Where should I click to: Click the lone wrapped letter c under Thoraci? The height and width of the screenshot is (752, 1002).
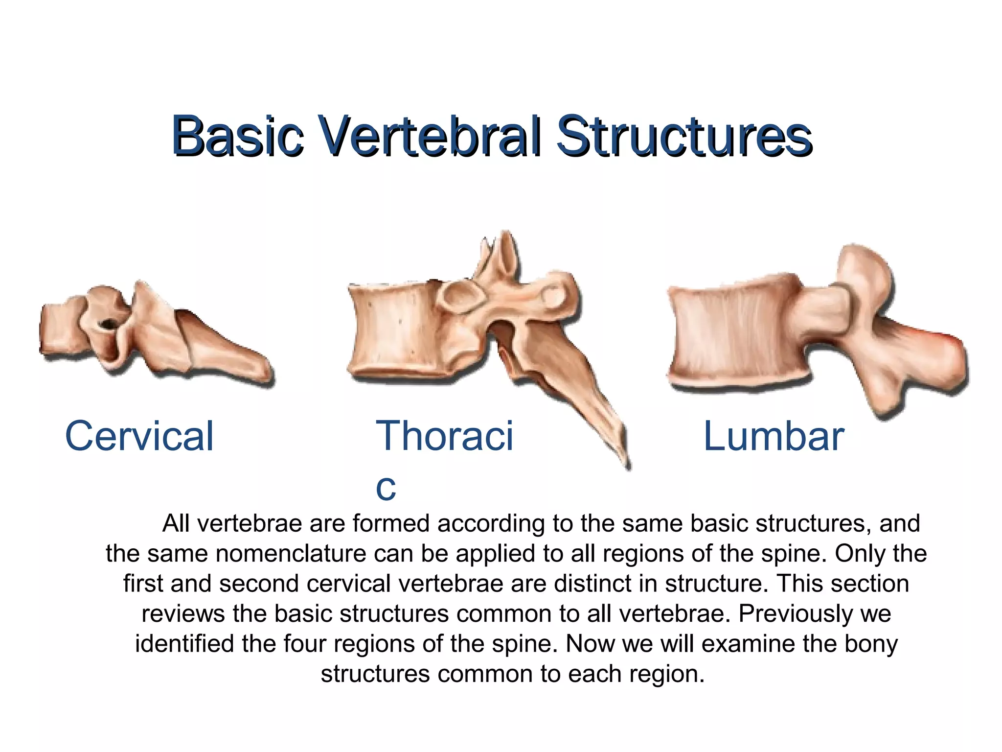tap(386, 487)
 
